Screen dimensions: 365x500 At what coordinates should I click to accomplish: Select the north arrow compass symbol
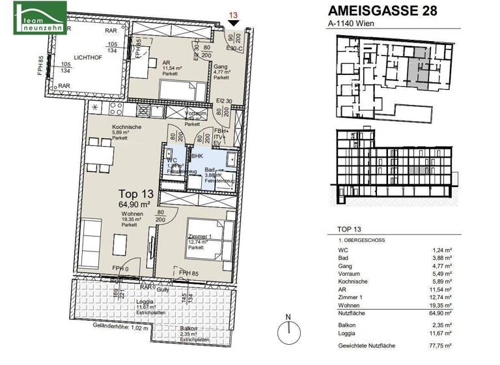286,330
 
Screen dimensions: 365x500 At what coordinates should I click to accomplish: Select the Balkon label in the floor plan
189,328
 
